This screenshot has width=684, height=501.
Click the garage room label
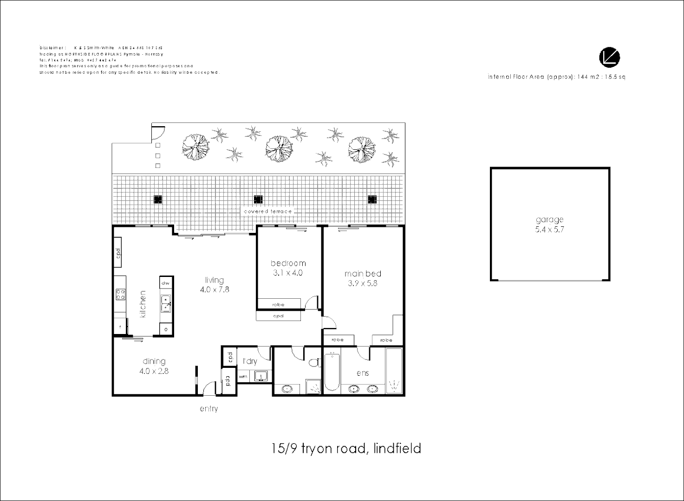(x=549, y=220)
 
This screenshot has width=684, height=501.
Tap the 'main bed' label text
(x=363, y=273)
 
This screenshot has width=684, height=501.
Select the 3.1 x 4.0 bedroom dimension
(x=288, y=273)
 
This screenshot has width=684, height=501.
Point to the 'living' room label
(x=214, y=280)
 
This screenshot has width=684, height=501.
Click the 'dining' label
(x=154, y=361)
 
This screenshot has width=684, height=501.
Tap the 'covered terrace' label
(x=268, y=212)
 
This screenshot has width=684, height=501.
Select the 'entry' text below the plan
(x=208, y=409)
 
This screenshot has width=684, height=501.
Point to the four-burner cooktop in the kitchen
(x=120, y=294)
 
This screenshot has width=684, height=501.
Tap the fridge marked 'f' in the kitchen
(x=120, y=327)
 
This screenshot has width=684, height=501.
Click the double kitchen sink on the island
(x=166, y=303)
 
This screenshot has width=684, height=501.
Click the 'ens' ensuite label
(x=362, y=373)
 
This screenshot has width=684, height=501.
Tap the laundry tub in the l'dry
(x=261, y=376)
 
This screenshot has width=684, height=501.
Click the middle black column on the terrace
(x=258, y=199)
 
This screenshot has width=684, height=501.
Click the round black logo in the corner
(x=609, y=58)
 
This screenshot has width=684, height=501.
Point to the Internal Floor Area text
(x=556, y=77)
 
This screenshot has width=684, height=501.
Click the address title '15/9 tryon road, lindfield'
(x=346, y=449)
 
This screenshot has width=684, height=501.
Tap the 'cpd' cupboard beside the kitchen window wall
(x=118, y=253)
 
